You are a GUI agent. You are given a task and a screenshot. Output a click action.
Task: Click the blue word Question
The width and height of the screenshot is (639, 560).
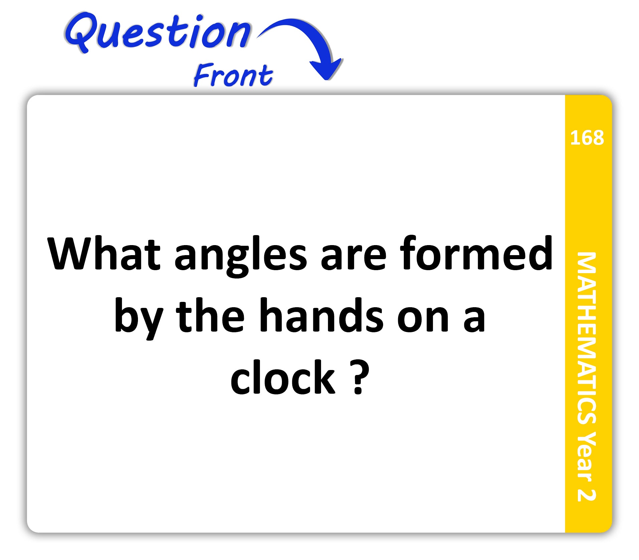click(158, 33)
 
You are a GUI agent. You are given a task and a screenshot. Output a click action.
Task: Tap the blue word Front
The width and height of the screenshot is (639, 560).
click(233, 75)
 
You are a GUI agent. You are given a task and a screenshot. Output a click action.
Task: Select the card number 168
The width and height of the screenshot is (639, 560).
click(587, 138)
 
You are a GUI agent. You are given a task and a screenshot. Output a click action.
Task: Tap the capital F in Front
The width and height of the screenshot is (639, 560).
click(204, 74)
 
